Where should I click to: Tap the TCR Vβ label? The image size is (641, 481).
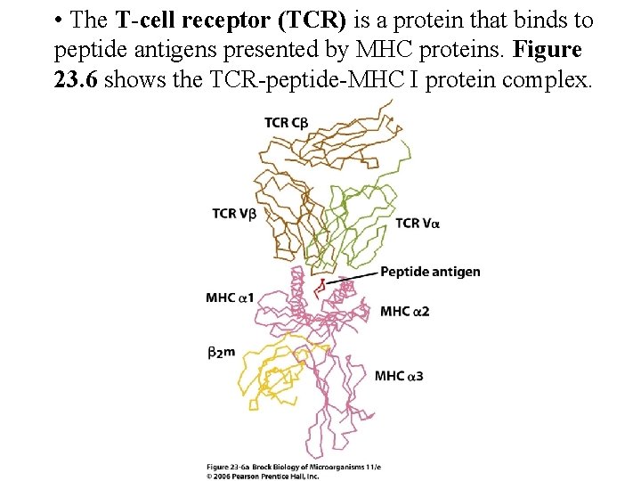(234, 213)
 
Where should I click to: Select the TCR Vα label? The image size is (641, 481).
(418, 223)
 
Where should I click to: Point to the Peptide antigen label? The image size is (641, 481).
(430, 272)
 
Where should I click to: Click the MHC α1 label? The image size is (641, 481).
(230, 297)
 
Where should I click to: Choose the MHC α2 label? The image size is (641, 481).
(405, 311)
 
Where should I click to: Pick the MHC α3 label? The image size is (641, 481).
(398, 376)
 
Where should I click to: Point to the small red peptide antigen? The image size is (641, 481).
(321, 286)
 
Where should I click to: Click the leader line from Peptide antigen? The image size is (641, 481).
(352, 277)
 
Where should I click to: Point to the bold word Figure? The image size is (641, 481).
(548, 50)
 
